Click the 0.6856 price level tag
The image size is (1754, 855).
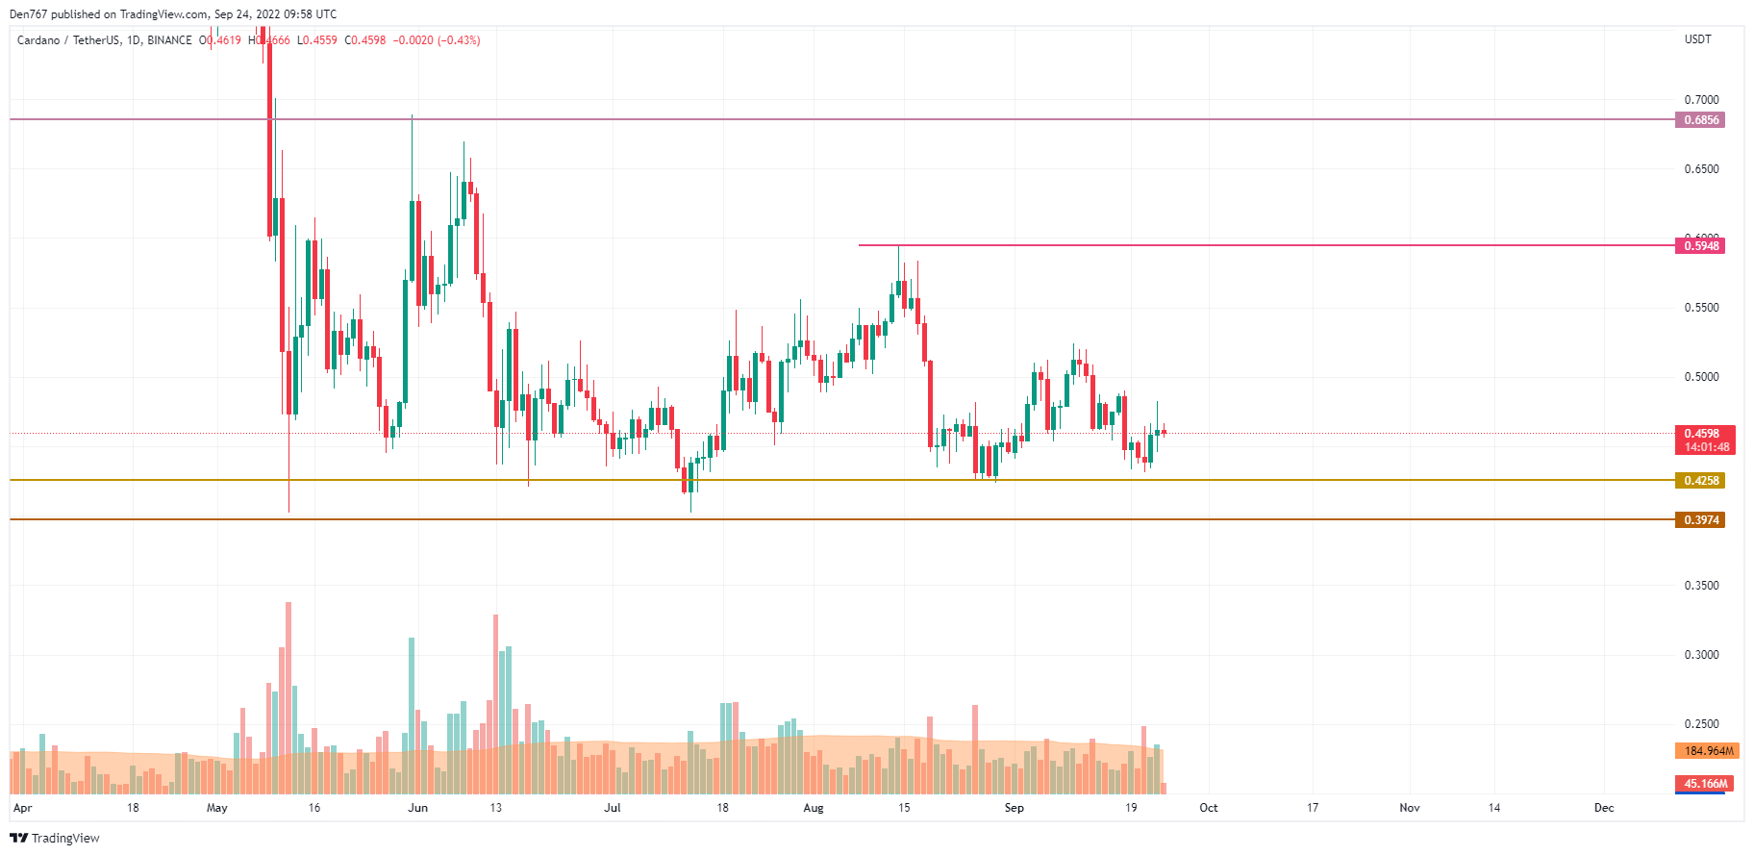[1700, 120]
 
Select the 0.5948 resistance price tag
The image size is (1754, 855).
[1700, 246]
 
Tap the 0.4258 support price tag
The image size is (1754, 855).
[1700, 481]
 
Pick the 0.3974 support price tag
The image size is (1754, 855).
[1700, 520]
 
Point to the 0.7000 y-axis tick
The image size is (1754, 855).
[1701, 100]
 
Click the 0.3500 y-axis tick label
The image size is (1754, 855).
[1701, 586]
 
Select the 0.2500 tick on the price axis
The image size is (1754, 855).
[1701, 724]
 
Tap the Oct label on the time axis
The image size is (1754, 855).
[1209, 808]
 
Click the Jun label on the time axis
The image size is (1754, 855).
[417, 808]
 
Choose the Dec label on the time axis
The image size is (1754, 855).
[1604, 808]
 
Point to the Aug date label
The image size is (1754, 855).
[814, 808]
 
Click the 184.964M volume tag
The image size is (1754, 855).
[1708, 751]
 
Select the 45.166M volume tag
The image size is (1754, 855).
[1706, 784]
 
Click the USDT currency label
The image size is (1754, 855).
[1697, 39]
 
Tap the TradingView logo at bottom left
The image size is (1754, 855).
[55, 839]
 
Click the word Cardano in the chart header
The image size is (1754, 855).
[38, 40]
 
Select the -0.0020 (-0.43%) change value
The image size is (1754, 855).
[437, 40]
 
